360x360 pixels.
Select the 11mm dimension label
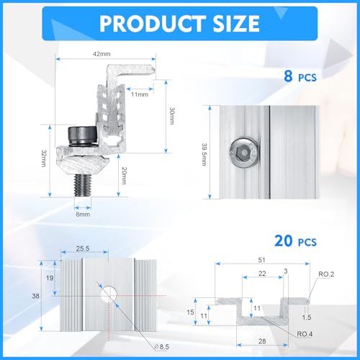tap(140, 94)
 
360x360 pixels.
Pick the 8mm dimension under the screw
tap(83, 214)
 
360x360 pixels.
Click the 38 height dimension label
tap(35, 294)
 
